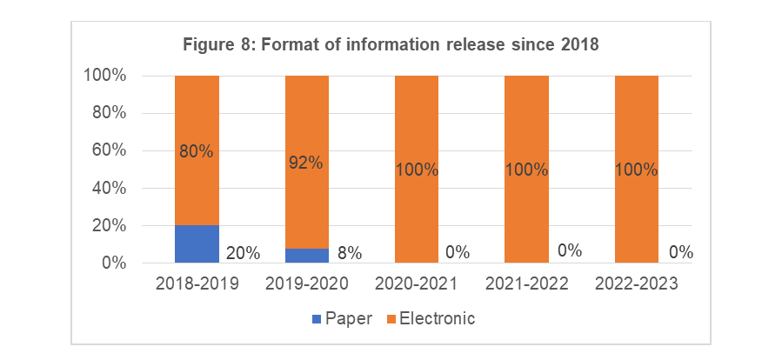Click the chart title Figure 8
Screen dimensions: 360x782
tap(391, 45)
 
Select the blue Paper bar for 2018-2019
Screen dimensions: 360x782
tap(197, 244)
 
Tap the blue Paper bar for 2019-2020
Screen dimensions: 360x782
tap(307, 256)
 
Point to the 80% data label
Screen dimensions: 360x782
tap(197, 151)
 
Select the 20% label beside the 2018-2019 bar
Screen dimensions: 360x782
tap(243, 253)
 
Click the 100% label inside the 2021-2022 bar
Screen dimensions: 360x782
tap(527, 170)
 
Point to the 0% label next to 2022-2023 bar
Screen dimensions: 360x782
tap(680, 253)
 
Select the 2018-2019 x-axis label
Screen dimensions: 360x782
tap(197, 283)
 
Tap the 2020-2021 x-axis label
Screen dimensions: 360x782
tap(417, 283)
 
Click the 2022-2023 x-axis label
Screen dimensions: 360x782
tap(637, 283)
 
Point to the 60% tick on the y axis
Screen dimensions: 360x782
tap(109, 150)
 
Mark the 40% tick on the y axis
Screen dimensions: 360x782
tap(109, 188)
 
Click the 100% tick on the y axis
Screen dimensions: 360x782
tap(105, 76)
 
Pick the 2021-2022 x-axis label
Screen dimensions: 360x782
tap(527, 283)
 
